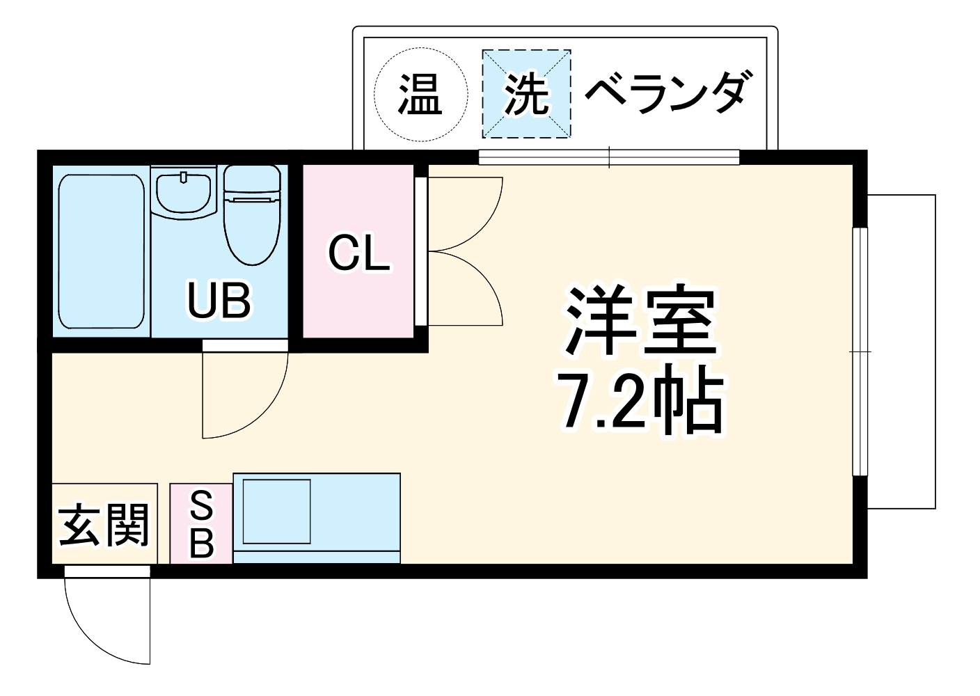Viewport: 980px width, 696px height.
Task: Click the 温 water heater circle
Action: pyautogui.click(x=419, y=95)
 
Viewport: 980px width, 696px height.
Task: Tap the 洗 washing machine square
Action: pyautogui.click(x=526, y=94)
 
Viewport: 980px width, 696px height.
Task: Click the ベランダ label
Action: pyautogui.click(x=667, y=93)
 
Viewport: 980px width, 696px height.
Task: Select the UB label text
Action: pyautogui.click(x=219, y=300)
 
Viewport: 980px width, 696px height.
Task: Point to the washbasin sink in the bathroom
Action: pyautogui.click(x=184, y=193)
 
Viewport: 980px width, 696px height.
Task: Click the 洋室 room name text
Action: pyautogui.click(x=640, y=320)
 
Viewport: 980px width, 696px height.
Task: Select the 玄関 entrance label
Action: pyautogui.click(x=104, y=525)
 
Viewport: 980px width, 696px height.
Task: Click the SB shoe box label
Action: pyautogui.click(x=201, y=524)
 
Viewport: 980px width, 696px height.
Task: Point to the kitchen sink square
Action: pyautogui.click(x=276, y=511)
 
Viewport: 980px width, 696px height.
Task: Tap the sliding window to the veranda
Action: pyautogui.click(x=609, y=157)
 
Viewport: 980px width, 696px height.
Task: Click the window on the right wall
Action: pyautogui.click(x=860, y=351)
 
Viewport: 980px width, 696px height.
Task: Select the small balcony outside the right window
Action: pyautogui.click(x=902, y=351)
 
